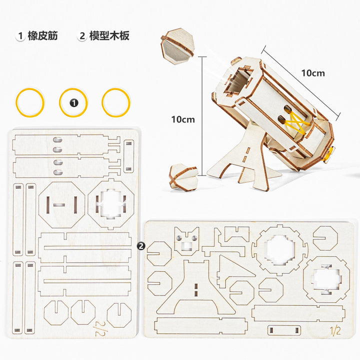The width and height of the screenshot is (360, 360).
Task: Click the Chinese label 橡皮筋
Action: tap(42, 36)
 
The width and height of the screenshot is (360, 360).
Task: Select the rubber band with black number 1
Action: tap(74, 103)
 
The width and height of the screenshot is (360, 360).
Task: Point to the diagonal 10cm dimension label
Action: tap(312, 73)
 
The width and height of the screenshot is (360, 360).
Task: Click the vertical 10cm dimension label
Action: tap(182, 119)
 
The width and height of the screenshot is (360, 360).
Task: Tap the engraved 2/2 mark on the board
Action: tap(103, 326)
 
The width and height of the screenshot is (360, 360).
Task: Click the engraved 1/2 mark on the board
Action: tap(335, 330)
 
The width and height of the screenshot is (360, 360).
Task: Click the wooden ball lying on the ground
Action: tap(183, 175)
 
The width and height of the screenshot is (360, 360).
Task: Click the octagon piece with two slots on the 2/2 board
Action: tap(60, 204)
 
